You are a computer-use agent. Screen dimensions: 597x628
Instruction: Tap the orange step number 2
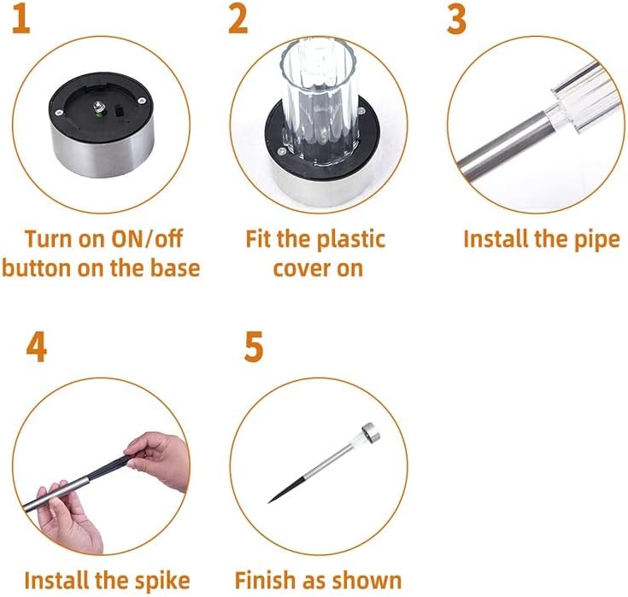(238, 20)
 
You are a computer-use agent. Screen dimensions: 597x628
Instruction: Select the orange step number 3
(456, 20)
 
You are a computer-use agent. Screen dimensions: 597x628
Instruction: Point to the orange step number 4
(37, 348)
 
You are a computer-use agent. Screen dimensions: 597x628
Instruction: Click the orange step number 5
(254, 348)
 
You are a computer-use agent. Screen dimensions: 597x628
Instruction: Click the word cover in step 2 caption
(302, 267)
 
